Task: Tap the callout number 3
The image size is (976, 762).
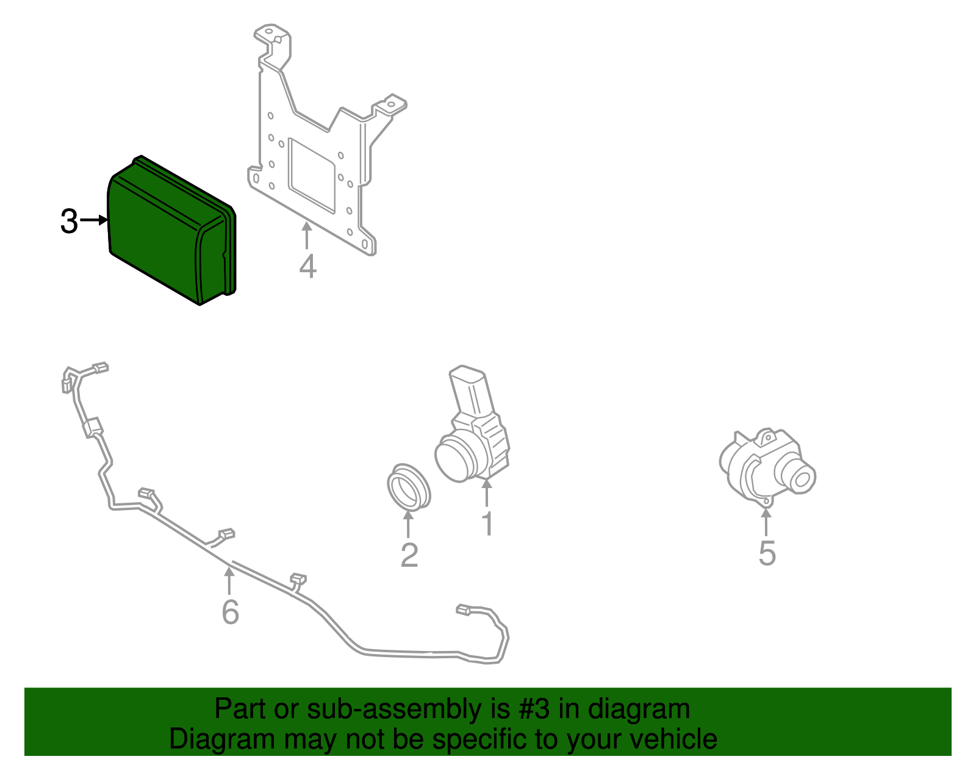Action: tap(69, 221)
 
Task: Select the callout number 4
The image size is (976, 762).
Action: tap(307, 267)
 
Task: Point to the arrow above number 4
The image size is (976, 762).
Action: tap(307, 235)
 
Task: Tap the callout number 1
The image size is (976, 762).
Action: tap(487, 523)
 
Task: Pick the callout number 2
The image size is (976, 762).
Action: tap(409, 555)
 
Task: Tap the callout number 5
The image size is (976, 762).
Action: tap(767, 553)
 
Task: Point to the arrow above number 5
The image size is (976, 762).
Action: tap(766, 522)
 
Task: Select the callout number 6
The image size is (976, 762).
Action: tap(230, 612)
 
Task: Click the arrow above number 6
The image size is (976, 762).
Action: tap(229, 580)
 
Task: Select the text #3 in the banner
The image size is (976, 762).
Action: tap(535, 710)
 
